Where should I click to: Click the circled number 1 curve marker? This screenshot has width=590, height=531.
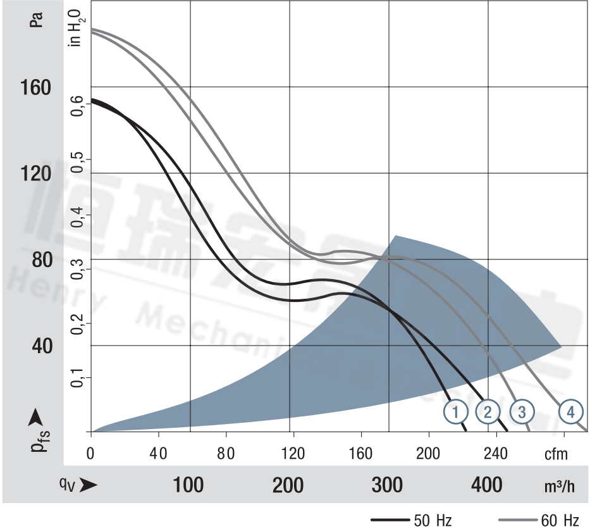(x=455, y=412)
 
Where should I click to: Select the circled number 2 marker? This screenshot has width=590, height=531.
(x=488, y=412)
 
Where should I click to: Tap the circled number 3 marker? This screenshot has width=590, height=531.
(x=522, y=412)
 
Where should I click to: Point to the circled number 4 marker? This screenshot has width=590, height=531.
(x=570, y=412)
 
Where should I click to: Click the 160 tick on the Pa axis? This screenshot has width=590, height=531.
(x=31, y=87)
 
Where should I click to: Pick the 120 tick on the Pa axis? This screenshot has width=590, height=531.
(x=31, y=173)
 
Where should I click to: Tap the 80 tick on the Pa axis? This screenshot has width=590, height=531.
(x=35, y=259)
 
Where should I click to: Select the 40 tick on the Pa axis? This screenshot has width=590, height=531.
(x=35, y=346)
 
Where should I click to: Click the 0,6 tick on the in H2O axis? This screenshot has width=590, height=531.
(x=77, y=104)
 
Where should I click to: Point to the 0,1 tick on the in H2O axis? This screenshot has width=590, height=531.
(x=77, y=375)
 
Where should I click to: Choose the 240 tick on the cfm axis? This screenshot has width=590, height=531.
(x=496, y=454)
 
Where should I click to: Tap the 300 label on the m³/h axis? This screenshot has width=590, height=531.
(x=388, y=485)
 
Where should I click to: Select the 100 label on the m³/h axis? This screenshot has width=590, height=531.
(x=188, y=485)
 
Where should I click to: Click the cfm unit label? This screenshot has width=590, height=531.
(x=556, y=454)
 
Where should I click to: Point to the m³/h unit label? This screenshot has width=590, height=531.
(x=560, y=486)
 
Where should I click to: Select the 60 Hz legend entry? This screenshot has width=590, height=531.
(x=560, y=521)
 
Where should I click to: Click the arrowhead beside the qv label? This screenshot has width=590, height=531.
(x=89, y=485)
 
